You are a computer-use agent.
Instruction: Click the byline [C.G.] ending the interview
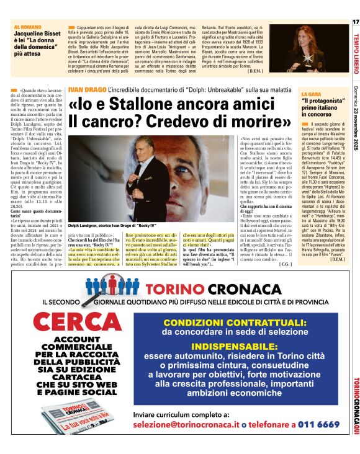coord(286,264)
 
